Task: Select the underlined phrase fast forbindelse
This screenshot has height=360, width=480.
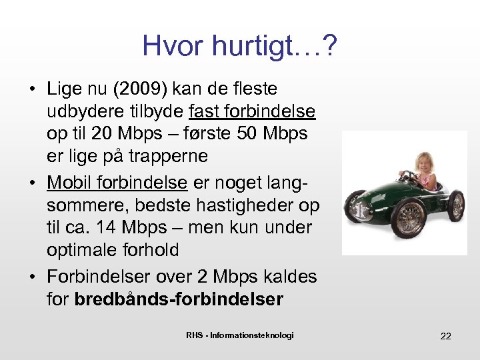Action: click(x=252, y=111)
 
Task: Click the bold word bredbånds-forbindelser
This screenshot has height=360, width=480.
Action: click(x=179, y=299)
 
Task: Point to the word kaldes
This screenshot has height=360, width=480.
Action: click(x=291, y=276)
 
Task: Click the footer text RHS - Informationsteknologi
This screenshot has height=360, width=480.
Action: click(x=240, y=335)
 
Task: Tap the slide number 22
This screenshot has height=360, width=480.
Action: click(x=445, y=336)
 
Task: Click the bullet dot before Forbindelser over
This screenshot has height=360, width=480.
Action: click(x=32, y=276)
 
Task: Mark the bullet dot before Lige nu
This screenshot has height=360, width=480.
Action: click(x=32, y=88)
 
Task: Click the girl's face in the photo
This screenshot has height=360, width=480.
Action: click(x=425, y=163)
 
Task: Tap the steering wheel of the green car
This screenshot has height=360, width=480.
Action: click(x=407, y=177)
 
